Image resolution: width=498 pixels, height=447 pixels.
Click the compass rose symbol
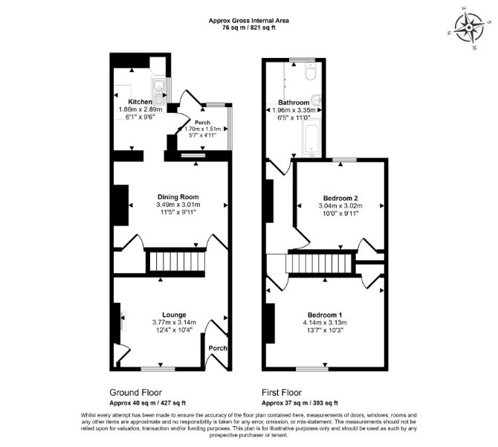click(x=469, y=28)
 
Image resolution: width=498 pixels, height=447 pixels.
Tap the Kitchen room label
click(x=140, y=102)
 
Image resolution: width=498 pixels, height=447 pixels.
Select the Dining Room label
click(x=178, y=197)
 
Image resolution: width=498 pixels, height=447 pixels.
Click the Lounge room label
click(x=174, y=315)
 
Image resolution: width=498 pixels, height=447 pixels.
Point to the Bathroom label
click(x=294, y=103)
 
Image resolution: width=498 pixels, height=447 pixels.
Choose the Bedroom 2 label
click(x=340, y=199)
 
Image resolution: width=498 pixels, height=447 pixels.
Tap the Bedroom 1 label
click(x=325, y=315)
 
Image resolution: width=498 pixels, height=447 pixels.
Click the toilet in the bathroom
click(x=310, y=71)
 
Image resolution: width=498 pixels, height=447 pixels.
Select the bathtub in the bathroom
click(x=312, y=138)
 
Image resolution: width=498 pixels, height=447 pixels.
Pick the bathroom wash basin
click(x=317, y=100)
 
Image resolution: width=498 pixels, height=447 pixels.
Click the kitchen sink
click(x=158, y=91)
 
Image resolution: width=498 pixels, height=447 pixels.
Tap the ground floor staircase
click(x=176, y=262)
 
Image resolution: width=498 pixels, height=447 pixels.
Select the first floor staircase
click(x=319, y=264)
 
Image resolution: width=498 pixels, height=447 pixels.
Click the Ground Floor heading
click(x=135, y=393)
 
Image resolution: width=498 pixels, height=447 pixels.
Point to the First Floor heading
click(x=282, y=393)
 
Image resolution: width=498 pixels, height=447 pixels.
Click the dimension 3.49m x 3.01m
click(x=178, y=205)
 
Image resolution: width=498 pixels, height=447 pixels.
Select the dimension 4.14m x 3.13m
click(x=325, y=323)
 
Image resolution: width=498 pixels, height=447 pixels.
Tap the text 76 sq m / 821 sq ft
click(x=249, y=28)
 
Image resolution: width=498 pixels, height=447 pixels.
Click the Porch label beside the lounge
click(x=218, y=348)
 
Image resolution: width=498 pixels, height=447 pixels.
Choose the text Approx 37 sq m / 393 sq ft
click(x=300, y=403)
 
